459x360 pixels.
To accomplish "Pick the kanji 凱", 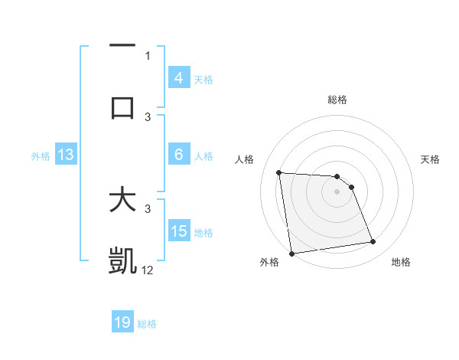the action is click(x=122, y=260).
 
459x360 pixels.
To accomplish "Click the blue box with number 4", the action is click(x=178, y=78).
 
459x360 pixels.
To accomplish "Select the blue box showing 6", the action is click(x=178, y=155).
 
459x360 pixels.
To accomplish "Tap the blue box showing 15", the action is click(x=178, y=231).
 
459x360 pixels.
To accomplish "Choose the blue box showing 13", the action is click(x=65, y=155).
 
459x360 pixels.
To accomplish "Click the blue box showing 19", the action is click(x=122, y=322).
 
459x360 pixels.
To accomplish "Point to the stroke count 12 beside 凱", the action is click(x=148, y=270).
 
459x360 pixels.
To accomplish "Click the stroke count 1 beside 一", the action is click(x=148, y=55).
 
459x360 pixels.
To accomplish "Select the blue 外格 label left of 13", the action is click(x=41, y=155).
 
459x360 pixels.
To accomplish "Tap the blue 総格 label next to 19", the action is click(x=147, y=324).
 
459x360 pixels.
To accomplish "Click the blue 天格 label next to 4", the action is click(x=203, y=79).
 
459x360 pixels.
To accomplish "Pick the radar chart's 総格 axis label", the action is click(x=337, y=100).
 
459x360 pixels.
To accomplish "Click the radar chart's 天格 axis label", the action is click(x=430, y=159).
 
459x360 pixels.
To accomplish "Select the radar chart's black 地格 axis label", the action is click(x=401, y=263).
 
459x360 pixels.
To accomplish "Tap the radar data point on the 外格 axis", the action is click(x=291, y=254).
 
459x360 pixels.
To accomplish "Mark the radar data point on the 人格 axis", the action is click(x=279, y=172).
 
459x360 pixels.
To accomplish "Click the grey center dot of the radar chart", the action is click(x=337, y=191).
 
